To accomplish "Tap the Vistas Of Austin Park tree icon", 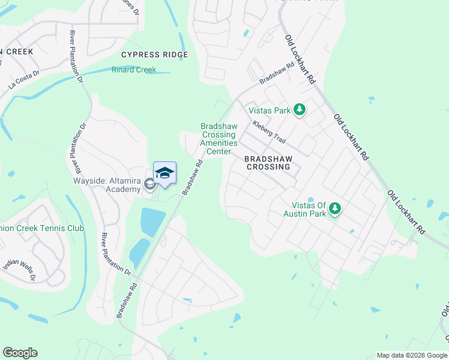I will pyautogui.click(x=335, y=209).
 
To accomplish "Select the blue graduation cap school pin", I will pyautogui.click(x=164, y=173).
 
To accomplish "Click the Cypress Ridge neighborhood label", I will pyautogui.click(x=155, y=55).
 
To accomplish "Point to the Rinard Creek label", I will pyautogui.click(x=134, y=70).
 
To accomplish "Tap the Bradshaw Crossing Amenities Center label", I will pyautogui.click(x=218, y=139).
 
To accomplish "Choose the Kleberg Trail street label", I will pyautogui.click(x=269, y=131).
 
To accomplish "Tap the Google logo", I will pyautogui.click(x=20, y=353).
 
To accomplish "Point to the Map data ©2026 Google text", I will pyautogui.click(x=411, y=355).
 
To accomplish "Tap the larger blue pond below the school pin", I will pyautogui.click(x=152, y=222).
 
